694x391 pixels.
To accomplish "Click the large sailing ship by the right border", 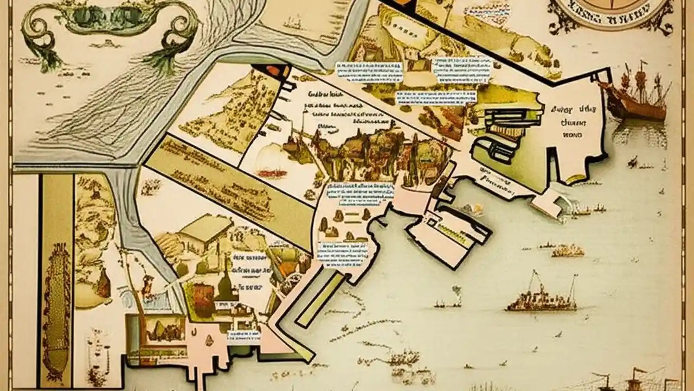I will pyautogui.click(x=634, y=92).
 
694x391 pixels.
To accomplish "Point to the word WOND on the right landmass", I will pyautogui.click(x=571, y=133).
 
